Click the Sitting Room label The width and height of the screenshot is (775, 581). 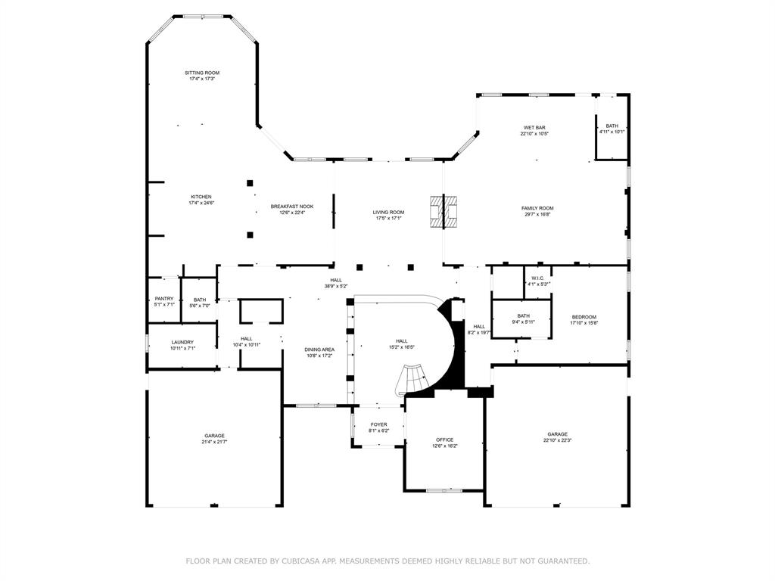(x=201, y=73)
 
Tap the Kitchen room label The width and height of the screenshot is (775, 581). (x=201, y=197)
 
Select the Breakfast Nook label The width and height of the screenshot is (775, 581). (x=292, y=207)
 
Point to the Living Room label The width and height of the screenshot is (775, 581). (x=388, y=213)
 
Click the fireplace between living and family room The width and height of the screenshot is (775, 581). (x=444, y=212)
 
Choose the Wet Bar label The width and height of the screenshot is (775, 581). (x=534, y=128)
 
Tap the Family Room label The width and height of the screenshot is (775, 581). (x=537, y=208)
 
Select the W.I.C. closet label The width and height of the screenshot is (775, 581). (x=538, y=278)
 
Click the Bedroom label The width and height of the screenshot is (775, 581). (x=584, y=317)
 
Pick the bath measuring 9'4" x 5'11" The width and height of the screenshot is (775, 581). (x=523, y=316)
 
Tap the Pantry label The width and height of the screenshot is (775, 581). (x=164, y=299)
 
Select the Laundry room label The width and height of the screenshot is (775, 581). (x=182, y=342)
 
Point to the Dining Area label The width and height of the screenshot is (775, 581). (x=319, y=350)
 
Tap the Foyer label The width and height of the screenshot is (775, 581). (x=378, y=425)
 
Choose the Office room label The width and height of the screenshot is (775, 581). (x=444, y=440)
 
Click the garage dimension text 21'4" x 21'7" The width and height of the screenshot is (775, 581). (x=214, y=441)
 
